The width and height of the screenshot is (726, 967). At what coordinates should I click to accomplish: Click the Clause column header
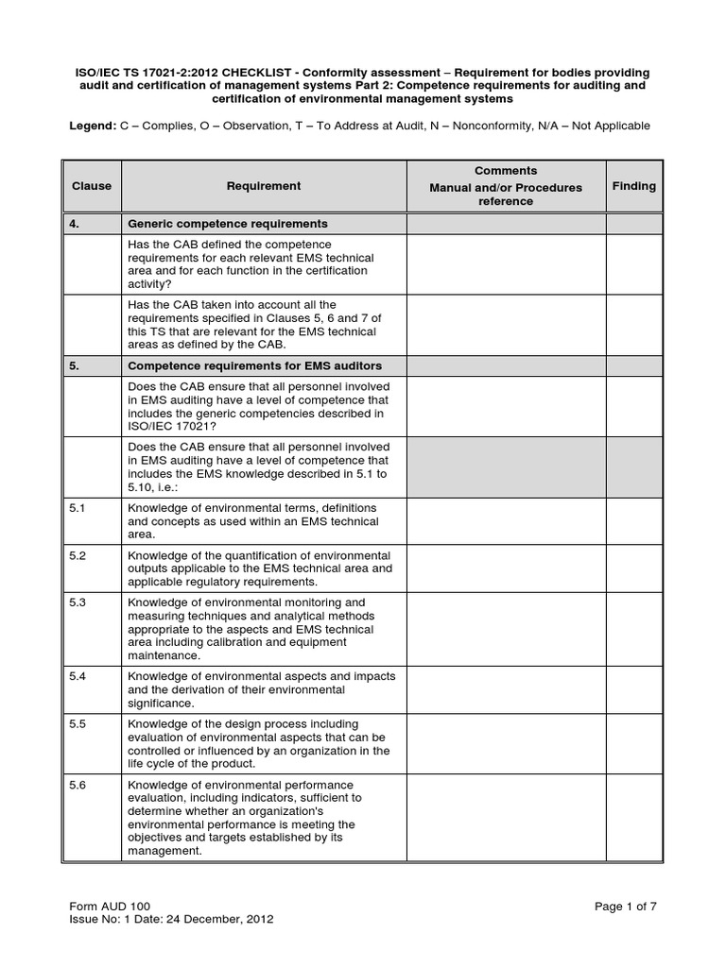pos(92,186)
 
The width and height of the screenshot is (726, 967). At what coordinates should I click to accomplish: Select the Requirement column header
pos(264,186)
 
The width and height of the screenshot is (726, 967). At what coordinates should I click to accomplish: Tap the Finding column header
pos(633,186)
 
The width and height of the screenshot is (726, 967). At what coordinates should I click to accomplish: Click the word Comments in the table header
pos(506,171)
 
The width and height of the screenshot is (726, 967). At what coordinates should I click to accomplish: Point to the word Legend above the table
pos(95,127)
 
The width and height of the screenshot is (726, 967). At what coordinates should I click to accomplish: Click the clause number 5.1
pos(78,508)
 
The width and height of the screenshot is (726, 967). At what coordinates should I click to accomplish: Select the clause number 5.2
pos(78,555)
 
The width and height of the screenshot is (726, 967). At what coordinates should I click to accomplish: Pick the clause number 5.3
pos(78,602)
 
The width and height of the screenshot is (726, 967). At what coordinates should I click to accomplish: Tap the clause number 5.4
pos(78,677)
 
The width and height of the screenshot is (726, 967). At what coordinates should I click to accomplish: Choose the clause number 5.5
pos(78,724)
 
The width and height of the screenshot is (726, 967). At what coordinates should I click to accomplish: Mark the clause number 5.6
pos(78,785)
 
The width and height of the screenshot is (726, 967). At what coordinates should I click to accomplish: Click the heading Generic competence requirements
pos(228,224)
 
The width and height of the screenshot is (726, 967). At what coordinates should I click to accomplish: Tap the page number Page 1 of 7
pos(625,906)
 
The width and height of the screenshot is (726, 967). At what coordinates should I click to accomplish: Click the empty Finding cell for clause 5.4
pos(633,690)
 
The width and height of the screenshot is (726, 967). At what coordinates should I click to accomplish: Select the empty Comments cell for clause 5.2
pos(506,568)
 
